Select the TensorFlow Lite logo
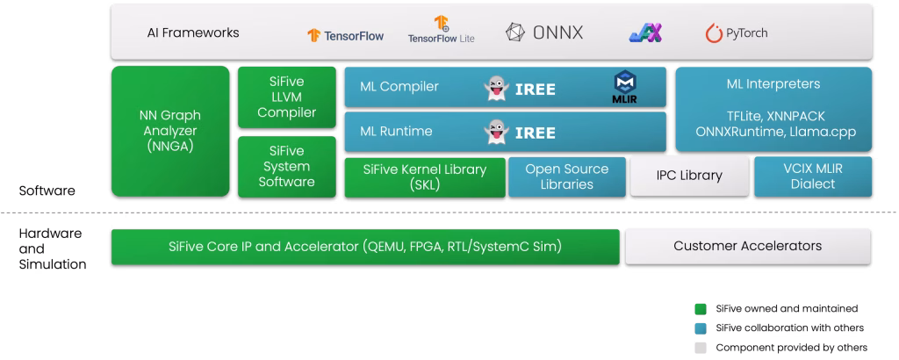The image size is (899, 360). [442, 31]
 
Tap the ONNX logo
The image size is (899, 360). [544, 32]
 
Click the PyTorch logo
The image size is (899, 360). [737, 33]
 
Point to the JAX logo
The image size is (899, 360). [645, 33]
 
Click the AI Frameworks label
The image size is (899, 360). [193, 33]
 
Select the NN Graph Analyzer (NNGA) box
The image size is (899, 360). [170, 131]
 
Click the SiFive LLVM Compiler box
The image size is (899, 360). [286, 97]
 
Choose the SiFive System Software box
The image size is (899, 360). [286, 166]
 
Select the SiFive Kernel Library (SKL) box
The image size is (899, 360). [424, 176]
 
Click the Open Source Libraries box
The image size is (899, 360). [566, 176]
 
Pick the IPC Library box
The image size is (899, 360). [689, 176]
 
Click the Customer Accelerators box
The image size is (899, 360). [747, 246]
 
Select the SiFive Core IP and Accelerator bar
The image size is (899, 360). [365, 246]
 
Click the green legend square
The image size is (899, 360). [701, 309]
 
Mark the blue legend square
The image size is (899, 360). [701, 328]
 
